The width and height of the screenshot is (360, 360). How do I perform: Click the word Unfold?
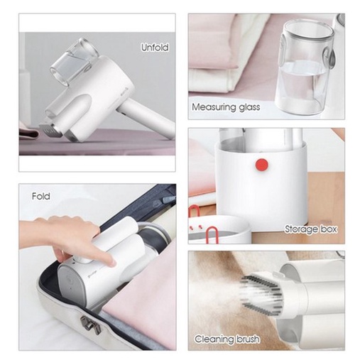[x=155, y=48]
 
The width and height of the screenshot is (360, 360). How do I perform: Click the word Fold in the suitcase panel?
[x=41, y=196]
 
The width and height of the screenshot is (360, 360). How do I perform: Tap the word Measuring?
[x=214, y=107]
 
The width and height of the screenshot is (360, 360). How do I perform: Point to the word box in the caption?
[x=328, y=229]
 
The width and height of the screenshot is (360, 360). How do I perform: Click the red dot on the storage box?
[x=262, y=165]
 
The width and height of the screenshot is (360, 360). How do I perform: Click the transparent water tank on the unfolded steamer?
[x=74, y=61]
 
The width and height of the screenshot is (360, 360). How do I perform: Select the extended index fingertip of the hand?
[x=111, y=262]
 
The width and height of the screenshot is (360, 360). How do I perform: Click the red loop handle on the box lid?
[x=212, y=235]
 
